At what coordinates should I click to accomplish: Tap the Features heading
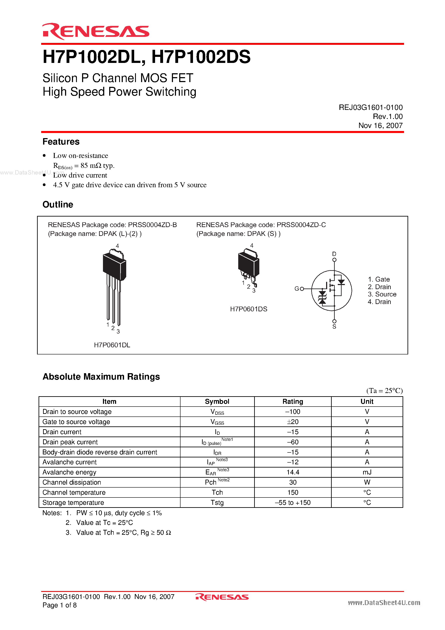tap(61, 142)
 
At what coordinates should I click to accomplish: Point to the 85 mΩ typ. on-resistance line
tap(84, 166)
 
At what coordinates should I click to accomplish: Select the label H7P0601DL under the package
tap(112, 345)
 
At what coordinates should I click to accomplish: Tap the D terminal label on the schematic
tap(334, 254)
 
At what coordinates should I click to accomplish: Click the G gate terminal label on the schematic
tap(297, 289)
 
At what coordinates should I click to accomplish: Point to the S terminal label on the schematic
tap(334, 326)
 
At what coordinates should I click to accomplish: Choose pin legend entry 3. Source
tap(382, 294)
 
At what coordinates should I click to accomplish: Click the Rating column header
tap(293, 401)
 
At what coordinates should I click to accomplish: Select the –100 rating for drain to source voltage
tap(293, 412)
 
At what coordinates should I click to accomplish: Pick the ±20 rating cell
tap(293, 422)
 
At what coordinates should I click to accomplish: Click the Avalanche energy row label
tap(69, 472)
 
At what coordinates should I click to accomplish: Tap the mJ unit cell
tap(367, 472)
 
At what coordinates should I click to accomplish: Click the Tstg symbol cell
tap(217, 502)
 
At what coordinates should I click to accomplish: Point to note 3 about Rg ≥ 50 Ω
tap(123, 533)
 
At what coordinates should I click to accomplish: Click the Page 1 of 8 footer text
tap(59, 605)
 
